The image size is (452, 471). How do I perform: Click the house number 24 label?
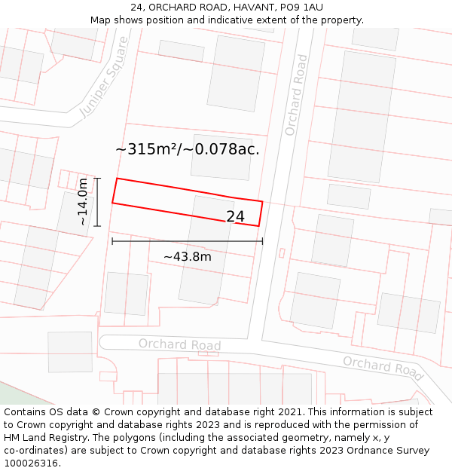tap(235, 217)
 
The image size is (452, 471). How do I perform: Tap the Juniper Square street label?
tap(105, 77)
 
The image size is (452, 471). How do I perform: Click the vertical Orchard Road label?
tap(296, 95)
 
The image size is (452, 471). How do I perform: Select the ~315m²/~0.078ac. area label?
tap(188, 149)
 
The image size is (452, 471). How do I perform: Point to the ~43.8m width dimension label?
tap(187, 257)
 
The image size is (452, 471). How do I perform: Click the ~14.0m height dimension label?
tap(85, 201)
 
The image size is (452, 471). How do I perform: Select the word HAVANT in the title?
tap(235, 7)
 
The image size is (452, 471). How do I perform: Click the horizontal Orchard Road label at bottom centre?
tap(179, 344)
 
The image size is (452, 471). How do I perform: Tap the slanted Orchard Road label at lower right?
tap(383, 367)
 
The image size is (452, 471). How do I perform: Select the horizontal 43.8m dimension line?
tap(187, 241)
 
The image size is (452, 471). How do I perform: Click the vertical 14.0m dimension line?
tap(97, 202)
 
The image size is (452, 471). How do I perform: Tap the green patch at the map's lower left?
tap(15, 393)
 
